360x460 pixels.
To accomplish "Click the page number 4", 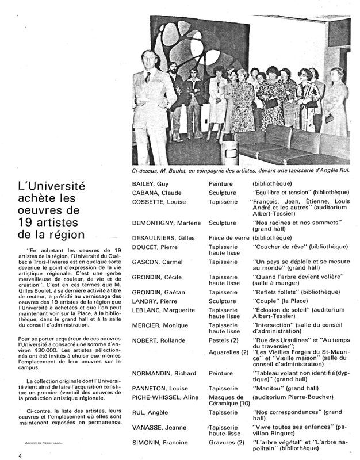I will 4,456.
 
